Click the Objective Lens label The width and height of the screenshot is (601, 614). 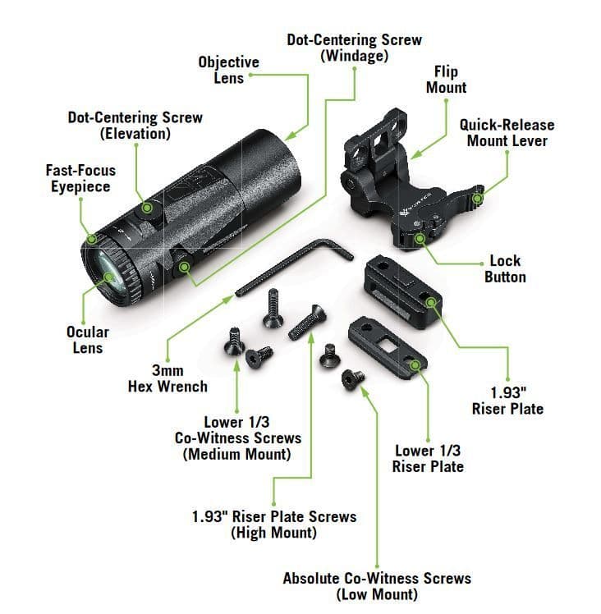pos(228,71)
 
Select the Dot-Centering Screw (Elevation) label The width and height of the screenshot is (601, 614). pos(135,125)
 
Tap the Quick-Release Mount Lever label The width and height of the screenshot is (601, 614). pos(506,133)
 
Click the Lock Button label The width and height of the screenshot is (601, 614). pos(504,269)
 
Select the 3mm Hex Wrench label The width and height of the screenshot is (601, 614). pos(167,378)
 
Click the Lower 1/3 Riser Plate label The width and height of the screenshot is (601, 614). pos(429,458)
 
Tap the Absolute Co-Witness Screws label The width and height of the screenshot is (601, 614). pos(377,585)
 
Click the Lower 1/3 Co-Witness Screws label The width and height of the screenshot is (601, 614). pos(237,438)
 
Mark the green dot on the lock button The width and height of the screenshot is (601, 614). pos(420,238)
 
